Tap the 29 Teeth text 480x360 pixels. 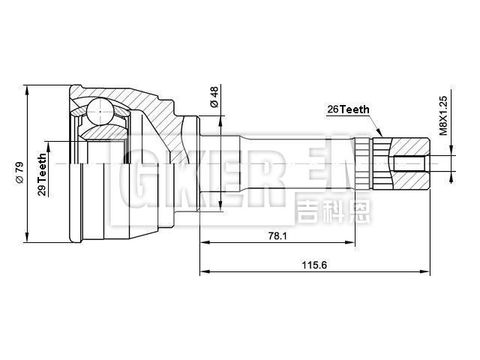click(x=43, y=174)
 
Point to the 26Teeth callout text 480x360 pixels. click(x=348, y=109)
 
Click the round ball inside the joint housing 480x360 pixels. click(x=99, y=112)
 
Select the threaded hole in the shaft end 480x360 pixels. click(x=410, y=162)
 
